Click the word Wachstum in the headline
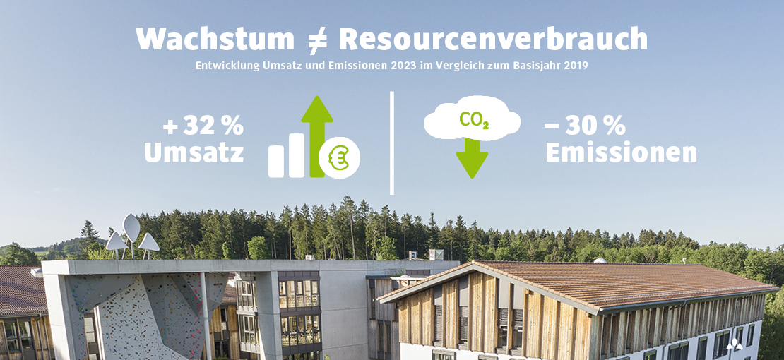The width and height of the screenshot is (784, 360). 215,39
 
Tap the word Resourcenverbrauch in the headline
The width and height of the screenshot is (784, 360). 493,39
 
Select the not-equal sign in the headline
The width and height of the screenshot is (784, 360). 316,40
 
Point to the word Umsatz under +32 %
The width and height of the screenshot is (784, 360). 194,153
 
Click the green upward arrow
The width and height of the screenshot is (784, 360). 317,136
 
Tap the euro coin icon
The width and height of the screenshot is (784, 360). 339,157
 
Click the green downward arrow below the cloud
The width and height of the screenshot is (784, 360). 472,158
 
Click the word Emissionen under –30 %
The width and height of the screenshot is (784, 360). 621,153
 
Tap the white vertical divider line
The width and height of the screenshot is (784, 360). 391,143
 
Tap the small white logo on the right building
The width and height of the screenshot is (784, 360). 734,344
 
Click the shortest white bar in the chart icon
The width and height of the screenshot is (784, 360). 276,161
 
